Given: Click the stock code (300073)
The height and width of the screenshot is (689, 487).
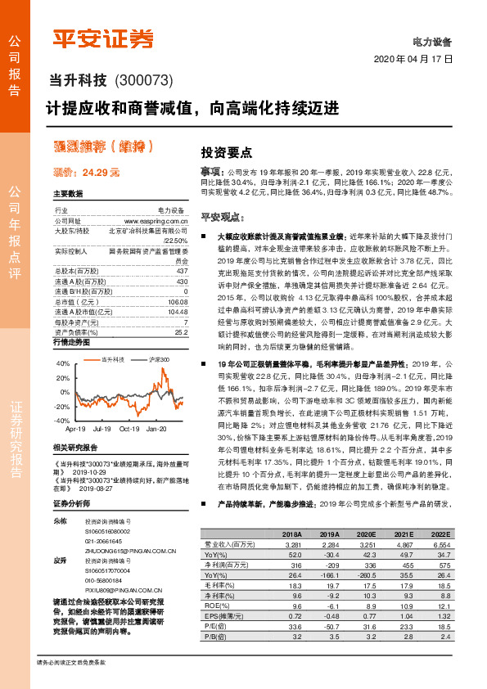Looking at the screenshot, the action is [144, 79].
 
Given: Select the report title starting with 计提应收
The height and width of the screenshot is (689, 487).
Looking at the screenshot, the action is [203, 107].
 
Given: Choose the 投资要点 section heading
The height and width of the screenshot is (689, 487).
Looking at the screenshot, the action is [227, 152].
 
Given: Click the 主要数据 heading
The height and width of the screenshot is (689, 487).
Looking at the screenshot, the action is [68, 194].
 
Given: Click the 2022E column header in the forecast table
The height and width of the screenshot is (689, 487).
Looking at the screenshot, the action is [440, 534].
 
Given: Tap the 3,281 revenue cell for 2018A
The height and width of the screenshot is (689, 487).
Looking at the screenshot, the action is [293, 543].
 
